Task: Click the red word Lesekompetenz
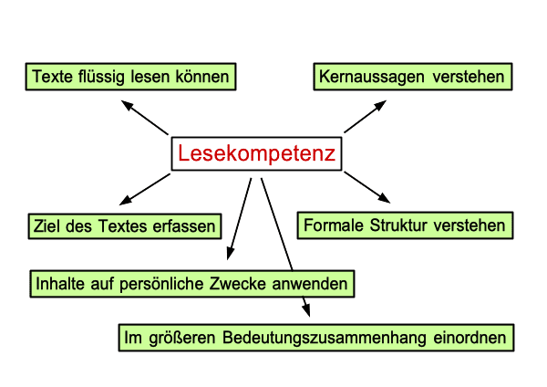coord(256,153)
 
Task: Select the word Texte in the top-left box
coord(53,77)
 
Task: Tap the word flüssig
coord(101,78)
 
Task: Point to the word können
coord(202,77)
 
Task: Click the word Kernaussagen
coord(372,78)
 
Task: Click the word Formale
coord(334,225)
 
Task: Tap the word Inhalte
coord(60,284)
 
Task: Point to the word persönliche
coord(161,285)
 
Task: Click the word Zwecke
coord(238,284)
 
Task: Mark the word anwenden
coord(310,284)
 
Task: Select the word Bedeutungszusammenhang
coord(325,339)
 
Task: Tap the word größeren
coord(181,339)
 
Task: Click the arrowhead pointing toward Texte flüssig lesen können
coord(128,105)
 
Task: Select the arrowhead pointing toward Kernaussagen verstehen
coord(380,105)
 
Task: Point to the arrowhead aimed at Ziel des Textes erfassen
coord(126,200)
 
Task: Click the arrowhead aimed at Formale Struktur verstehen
coord(384,198)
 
